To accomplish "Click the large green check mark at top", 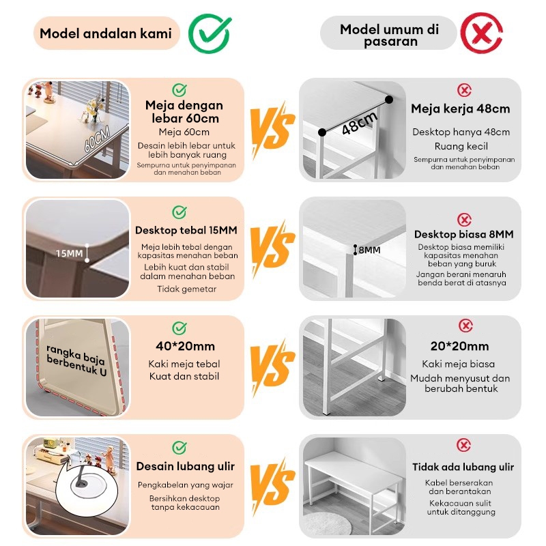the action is [210, 33].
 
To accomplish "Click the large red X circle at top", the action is [482, 33].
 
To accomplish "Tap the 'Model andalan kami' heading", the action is [106, 33].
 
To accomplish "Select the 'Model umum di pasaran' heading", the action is [389, 35].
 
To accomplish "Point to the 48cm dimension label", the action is [360, 123].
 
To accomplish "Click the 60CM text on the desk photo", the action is [97, 139].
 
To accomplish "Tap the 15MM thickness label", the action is [70, 253].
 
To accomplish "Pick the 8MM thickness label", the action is [369, 250].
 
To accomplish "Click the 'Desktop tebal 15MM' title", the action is [186, 230].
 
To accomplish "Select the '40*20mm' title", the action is [185, 346].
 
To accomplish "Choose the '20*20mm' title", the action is [459, 346].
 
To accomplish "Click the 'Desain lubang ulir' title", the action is [185, 466].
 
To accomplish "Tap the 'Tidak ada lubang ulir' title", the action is [463, 467].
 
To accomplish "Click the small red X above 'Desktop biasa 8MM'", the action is [464, 220].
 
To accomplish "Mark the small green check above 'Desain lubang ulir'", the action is [179, 448].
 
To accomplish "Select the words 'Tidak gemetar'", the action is [186, 289].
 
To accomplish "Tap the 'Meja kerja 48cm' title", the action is [460, 109].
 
